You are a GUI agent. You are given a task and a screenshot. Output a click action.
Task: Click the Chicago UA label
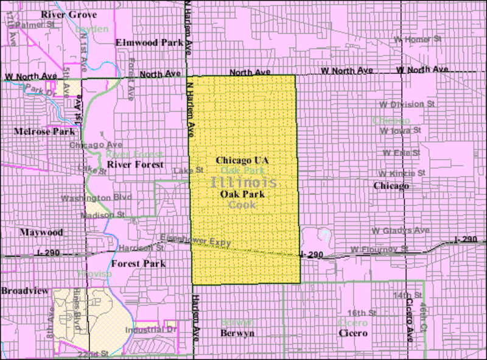[242, 160]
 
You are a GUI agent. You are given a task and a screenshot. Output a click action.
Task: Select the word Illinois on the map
[244, 182]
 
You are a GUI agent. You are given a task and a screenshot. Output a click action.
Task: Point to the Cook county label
[242, 205]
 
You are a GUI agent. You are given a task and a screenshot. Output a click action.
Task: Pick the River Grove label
[65, 14]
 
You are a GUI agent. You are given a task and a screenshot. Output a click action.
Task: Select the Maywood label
[41, 233]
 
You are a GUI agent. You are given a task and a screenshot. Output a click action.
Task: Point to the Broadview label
[24, 291]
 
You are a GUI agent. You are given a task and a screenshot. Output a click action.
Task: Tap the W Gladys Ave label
[401, 230]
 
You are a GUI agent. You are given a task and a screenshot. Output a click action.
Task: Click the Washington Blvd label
[94, 198]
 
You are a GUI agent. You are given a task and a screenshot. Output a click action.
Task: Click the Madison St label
[104, 214]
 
